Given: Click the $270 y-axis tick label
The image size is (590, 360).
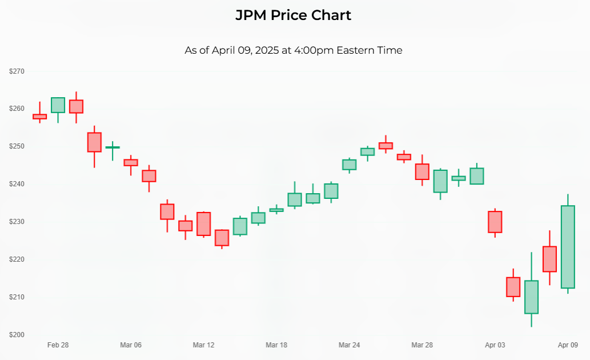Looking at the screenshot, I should tap(17, 71).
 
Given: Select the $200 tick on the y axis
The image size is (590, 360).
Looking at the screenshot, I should tap(17, 334).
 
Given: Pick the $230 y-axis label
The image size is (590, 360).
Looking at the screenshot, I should tap(17, 222).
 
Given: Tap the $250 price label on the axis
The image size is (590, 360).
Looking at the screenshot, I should tap(17, 146).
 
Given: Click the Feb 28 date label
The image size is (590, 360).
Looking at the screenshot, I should tap(58, 345).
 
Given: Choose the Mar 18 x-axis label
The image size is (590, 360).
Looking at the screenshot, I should tap(276, 345).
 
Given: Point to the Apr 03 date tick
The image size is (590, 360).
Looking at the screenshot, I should tap(495, 345).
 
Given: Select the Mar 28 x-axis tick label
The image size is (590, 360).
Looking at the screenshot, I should tap(422, 345).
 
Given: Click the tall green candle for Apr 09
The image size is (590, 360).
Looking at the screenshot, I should tap(568, 247).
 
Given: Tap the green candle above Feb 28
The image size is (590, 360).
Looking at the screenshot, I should tap(58, 105).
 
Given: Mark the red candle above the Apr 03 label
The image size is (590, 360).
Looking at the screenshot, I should tap(495, 222).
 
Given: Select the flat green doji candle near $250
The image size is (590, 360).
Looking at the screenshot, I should tap(113, 147).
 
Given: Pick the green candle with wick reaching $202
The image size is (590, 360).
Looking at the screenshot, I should tap(531, 297).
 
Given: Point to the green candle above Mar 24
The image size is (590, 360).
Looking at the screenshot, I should tap(350, 165).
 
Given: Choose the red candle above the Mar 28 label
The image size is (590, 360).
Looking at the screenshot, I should tap(422, 171).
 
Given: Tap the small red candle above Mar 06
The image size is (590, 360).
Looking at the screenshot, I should tap(131, 162).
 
